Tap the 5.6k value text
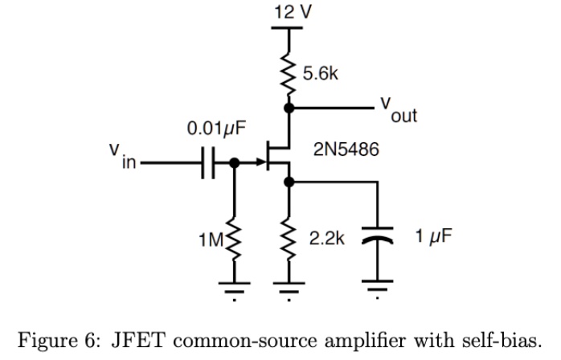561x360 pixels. (321, 74)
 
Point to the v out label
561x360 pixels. (399, 110)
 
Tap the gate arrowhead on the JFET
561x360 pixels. (260, 163)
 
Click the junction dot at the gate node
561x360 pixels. (234, 164)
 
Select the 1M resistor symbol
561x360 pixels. (234, 239)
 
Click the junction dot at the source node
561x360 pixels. (288, 183)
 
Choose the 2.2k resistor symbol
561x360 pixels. (288, 239)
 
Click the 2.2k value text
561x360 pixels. (326, 239)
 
